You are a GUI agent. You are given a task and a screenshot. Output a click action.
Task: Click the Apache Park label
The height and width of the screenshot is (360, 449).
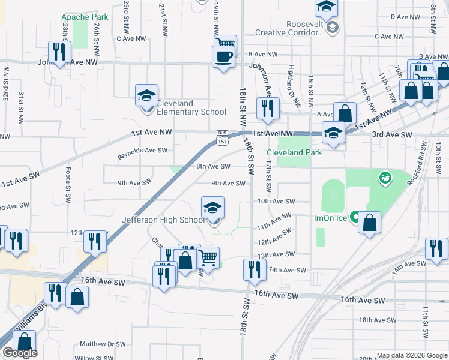coord(85,17)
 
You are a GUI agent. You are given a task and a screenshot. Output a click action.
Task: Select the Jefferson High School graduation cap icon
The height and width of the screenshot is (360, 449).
coord(212,208)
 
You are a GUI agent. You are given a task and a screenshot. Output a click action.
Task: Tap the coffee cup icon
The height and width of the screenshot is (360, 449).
coord(224,57)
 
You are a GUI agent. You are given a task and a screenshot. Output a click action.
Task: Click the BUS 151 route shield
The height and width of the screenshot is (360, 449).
coord(222,137)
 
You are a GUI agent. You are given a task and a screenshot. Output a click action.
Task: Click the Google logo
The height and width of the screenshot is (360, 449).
coord(19,353)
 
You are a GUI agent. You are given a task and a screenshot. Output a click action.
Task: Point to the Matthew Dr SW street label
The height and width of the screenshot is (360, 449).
coord(103,344)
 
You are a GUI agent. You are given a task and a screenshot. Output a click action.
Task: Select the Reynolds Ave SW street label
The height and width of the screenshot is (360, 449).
coord(142,151)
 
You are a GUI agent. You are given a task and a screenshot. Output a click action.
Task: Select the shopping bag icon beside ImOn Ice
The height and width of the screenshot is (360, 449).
coord(370,223)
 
